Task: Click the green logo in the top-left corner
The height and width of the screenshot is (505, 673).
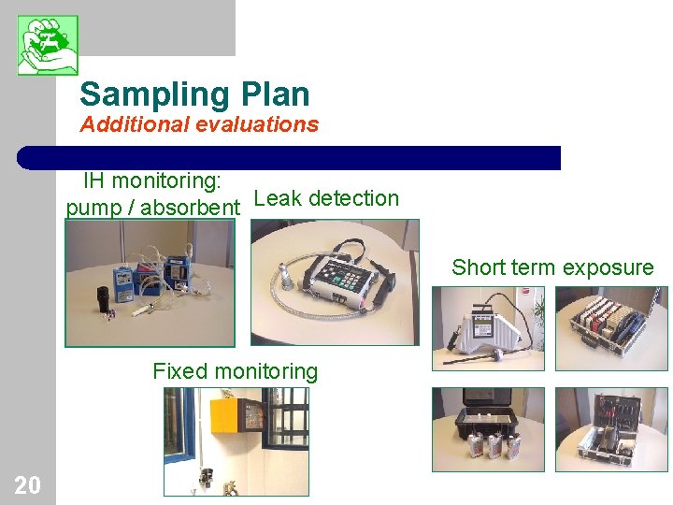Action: coord(48,45)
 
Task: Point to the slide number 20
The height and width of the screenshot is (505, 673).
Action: coord(27,484)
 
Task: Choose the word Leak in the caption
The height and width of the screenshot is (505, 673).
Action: coord(278,198)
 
